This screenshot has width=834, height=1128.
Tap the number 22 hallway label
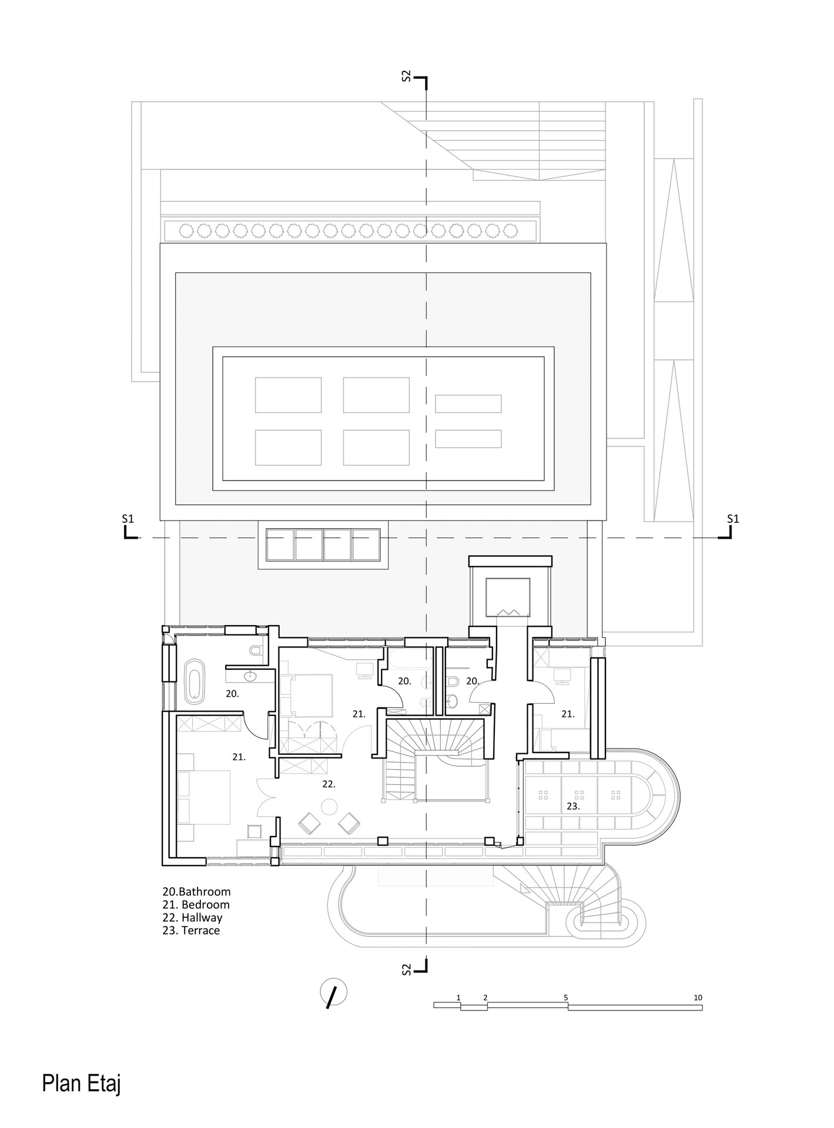(x=329, y=784)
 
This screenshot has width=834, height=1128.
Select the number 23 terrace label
(x=573, y=807)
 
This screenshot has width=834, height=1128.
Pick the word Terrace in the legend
(x=200, y=930)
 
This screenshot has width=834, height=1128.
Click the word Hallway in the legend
(x=202, y=917)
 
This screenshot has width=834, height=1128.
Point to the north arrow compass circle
(x=333, y=993)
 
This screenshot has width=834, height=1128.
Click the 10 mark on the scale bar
(x=698, y=997)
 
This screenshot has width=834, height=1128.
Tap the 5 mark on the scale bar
(x=565, y=997)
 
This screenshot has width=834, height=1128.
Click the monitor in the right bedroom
(x=562, y=676)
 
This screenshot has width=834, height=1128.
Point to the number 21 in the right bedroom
(x=568, y=714)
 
